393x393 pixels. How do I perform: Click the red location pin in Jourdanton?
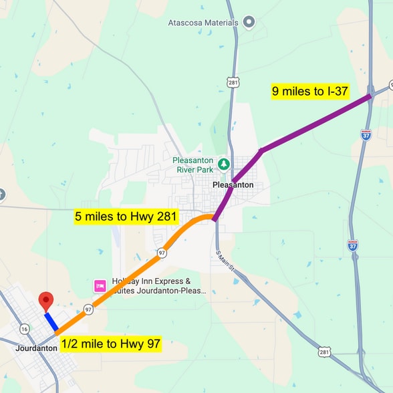click(45, 301)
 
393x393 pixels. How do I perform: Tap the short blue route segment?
click(51, 321)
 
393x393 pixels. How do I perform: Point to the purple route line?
click(314, 124)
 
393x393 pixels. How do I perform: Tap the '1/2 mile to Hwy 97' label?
click(111, 344)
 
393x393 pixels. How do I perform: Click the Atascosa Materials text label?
click(203, 23)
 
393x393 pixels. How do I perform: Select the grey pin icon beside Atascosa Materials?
click(249, 22)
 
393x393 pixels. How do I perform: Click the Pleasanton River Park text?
click(193, 164)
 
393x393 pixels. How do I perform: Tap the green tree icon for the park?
click(224, 164)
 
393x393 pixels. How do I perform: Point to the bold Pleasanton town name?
click(233, 184)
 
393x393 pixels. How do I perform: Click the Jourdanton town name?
click(35, 348)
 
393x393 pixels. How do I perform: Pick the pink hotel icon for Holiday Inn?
click(100, 286)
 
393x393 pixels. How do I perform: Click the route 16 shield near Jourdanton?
click(25, 328)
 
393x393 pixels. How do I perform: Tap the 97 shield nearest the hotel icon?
click(88, 309)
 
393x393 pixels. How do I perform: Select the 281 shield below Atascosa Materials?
click(233, 82)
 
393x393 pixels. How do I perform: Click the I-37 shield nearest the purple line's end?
click(366, 134)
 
